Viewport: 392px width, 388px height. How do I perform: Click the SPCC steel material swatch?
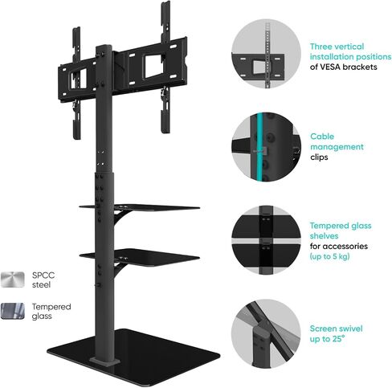point(13,280)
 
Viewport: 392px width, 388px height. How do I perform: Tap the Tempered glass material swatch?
point(13,311)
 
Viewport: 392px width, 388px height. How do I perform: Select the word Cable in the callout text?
point(322,137)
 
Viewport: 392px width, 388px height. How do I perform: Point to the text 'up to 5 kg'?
point(330,256)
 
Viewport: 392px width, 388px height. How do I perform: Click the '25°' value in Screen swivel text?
point(337,339)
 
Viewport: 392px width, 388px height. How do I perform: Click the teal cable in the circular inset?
point(259,147)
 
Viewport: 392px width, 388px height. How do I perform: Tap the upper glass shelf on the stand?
point(140,207)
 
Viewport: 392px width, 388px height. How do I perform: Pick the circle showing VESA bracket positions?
point(266,54)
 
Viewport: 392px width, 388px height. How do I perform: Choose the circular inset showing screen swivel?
point(266,333)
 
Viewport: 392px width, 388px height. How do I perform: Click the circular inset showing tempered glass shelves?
point(266,240)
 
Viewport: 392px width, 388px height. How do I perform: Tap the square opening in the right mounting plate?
point(153,65)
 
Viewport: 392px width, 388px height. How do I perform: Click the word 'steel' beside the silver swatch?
point(41,284)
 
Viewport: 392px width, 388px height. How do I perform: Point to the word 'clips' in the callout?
point(319,157)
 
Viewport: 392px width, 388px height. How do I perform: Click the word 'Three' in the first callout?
point(321,47)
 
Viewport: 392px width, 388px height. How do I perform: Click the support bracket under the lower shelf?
point(119,269)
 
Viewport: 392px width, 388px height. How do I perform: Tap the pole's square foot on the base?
point(104,361)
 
